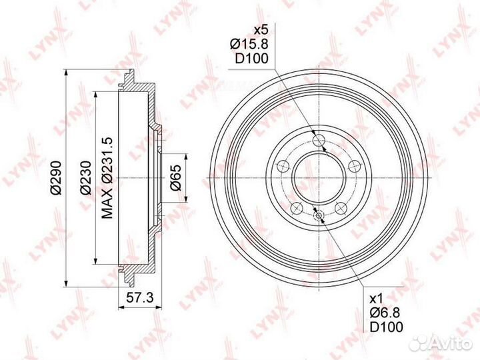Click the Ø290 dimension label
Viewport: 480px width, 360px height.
[57, 178]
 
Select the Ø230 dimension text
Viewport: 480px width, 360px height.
[86, 178]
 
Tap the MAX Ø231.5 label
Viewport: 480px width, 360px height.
[107, 178]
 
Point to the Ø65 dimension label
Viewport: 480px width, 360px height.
[176, 178]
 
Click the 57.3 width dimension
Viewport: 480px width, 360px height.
[139, 297]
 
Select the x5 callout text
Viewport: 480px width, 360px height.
[261, 30]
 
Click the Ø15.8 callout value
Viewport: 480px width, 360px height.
[249, 45]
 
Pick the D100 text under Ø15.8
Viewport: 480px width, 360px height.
[251, 59]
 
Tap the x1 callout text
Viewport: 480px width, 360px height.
[376, 299]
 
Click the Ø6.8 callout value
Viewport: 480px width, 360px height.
[385, 313]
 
